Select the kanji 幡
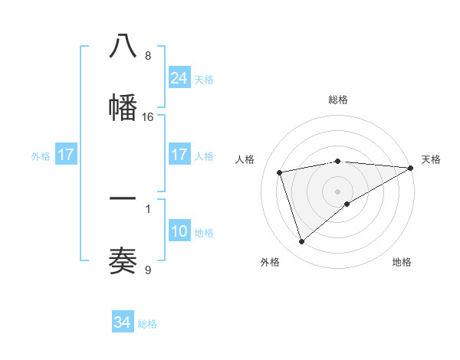(123, 106)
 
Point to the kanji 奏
(123, 260)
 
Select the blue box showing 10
(179, 231)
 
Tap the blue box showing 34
(123, 322)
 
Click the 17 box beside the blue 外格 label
(66, 155)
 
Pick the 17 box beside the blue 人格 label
(179, 155)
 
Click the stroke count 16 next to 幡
(148, 117)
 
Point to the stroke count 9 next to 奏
(148, 270)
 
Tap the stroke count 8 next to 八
(148, 56)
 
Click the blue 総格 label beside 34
(147, 324)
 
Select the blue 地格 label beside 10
(204, 233)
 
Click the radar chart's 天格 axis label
(431, 159)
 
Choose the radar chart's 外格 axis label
(270, 262)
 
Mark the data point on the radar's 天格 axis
(411, 168)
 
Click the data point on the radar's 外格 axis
(301, 242)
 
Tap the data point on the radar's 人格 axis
(280, 172)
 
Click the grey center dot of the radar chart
(337, 191)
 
